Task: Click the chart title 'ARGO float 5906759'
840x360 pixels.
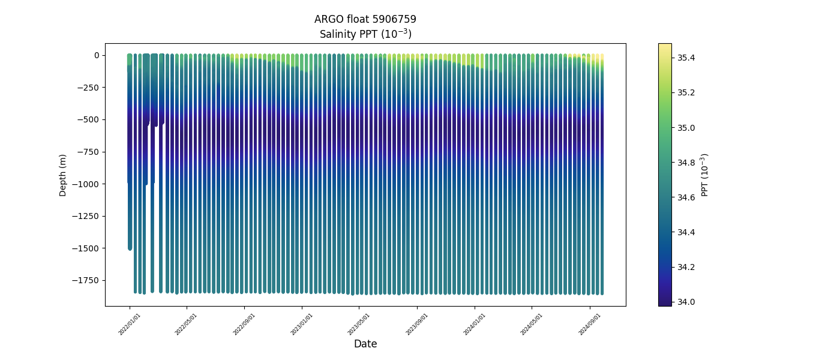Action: coord(365,19)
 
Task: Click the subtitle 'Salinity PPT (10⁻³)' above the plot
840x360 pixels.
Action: coord(365,34)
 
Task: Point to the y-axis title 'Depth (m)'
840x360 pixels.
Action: coord(63,175)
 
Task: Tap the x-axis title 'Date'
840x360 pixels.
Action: coord(365,344)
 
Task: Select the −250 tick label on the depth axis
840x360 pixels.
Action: coord(88,88)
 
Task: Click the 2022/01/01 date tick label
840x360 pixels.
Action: coord(130,324)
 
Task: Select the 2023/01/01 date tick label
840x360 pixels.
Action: coord(302,324)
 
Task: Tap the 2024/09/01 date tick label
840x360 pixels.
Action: coord(590,324)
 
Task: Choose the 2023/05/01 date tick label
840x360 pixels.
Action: coord(359,324)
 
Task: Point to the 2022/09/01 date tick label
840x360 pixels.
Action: coord(245,324)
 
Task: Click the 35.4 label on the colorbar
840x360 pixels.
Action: coord(686,58)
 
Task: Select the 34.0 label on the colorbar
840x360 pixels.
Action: coord(686,302)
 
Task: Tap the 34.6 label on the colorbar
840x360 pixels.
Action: coord(686,197)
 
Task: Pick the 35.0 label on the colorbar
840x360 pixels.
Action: coord(686,128)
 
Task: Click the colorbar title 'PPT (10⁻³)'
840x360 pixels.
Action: coord(705,175)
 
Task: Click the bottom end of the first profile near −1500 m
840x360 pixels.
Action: coord(130,247)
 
